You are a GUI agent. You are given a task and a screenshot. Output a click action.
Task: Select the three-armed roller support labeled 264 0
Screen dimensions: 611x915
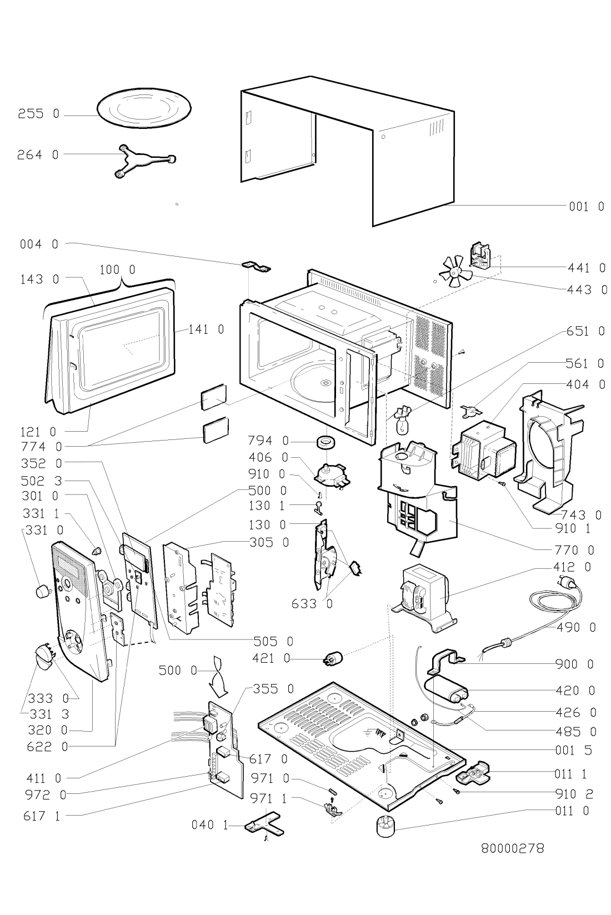pyautogui.click(x=145, y=161)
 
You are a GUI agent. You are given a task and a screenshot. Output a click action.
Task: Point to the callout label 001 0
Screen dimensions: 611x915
pyautogui.click(x=587, y=206)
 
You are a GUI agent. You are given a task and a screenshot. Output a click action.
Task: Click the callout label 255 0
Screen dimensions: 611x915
pyautogui.click(x=39, y=113)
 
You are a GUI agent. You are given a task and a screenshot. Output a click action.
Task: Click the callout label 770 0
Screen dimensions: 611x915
pyautogui.click(x=574, y=550)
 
